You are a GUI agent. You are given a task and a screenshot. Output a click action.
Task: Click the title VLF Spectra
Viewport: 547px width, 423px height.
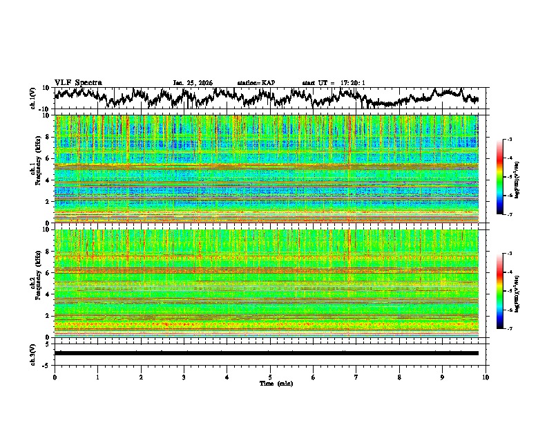(x=78, y=82)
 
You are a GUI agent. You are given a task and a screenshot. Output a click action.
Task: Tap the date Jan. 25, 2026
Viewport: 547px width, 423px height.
(x=193, y=83)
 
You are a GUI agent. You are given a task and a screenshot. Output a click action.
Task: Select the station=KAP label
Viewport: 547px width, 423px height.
(x=256, y=83)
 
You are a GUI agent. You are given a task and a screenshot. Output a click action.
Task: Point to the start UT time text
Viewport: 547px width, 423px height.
(x=334, y=83)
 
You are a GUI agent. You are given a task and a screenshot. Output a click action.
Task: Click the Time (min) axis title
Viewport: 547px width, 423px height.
(x=270, y=383)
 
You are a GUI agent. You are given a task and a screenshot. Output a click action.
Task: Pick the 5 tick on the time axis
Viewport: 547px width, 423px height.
(x=270, y=377)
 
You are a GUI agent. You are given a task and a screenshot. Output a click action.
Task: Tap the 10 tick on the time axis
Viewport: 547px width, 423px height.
(x=486, y=377)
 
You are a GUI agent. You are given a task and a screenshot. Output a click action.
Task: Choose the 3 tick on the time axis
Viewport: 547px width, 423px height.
(x=184, y=377)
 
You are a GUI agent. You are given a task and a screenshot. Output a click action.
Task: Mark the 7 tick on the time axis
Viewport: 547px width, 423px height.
(x=356, y=377)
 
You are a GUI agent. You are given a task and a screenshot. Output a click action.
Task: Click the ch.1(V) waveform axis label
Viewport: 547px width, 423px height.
(x=32, y=98)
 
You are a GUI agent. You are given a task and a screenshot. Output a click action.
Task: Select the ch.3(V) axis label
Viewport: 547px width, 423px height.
(x=32, y=353)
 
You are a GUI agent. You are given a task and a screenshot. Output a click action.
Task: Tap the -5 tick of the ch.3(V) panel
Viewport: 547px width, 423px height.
(x=46, y=364)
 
